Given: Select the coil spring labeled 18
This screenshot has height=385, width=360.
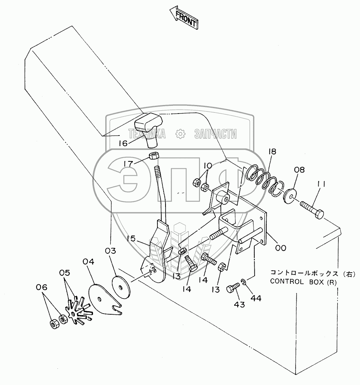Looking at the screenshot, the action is tap(263, 180).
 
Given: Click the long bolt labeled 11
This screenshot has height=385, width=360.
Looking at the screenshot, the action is tap(312, 210).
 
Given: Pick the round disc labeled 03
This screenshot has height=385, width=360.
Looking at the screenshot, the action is tap(121, 287).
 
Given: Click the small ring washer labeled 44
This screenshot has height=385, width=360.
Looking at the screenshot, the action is tap(244, 281).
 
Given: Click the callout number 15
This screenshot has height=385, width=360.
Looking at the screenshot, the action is tap(131, 238).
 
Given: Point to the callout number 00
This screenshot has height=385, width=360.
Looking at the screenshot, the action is tap(281, 248).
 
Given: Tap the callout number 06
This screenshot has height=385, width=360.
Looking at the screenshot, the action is tap(42, 287).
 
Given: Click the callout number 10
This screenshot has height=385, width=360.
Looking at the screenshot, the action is tap(208, 166).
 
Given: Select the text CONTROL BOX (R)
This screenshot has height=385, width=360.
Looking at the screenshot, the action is tap(303, 282).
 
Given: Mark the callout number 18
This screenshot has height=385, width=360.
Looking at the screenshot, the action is tap(272, 151).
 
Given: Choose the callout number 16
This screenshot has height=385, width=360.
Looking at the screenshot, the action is tap(123, 143).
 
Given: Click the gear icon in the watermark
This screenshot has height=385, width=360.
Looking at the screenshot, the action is tap(180, 134).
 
